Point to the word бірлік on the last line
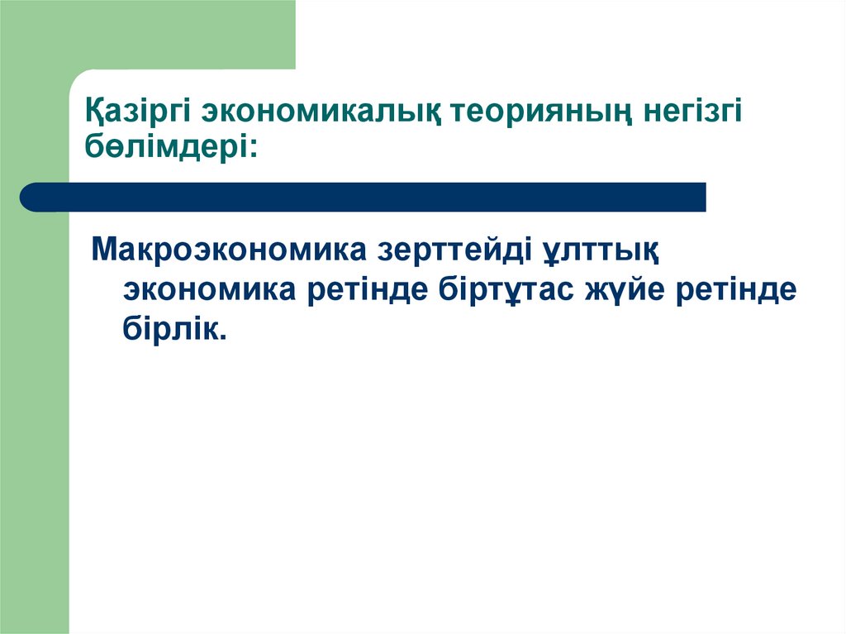169,328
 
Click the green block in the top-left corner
149,33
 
